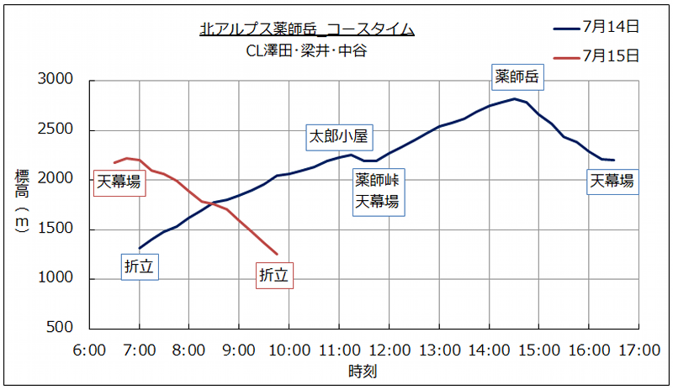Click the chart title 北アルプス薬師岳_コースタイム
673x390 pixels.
(307, 29)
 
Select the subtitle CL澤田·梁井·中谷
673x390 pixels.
(306, 50)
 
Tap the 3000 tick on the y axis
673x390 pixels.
(57, 81)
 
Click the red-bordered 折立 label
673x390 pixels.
(273, 274)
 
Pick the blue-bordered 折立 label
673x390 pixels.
(140, 266)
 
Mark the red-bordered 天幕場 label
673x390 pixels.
(119, 181)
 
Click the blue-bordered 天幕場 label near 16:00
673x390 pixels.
(612, 181)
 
